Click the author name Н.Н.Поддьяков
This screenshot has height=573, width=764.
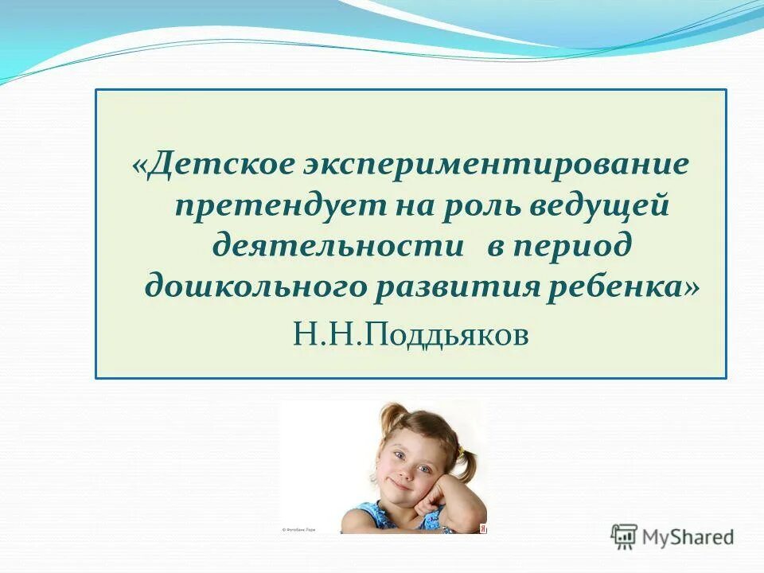pyautogui.click(x=411, y=334)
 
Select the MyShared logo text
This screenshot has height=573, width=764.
pyautogui.click(x=688, y=537)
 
